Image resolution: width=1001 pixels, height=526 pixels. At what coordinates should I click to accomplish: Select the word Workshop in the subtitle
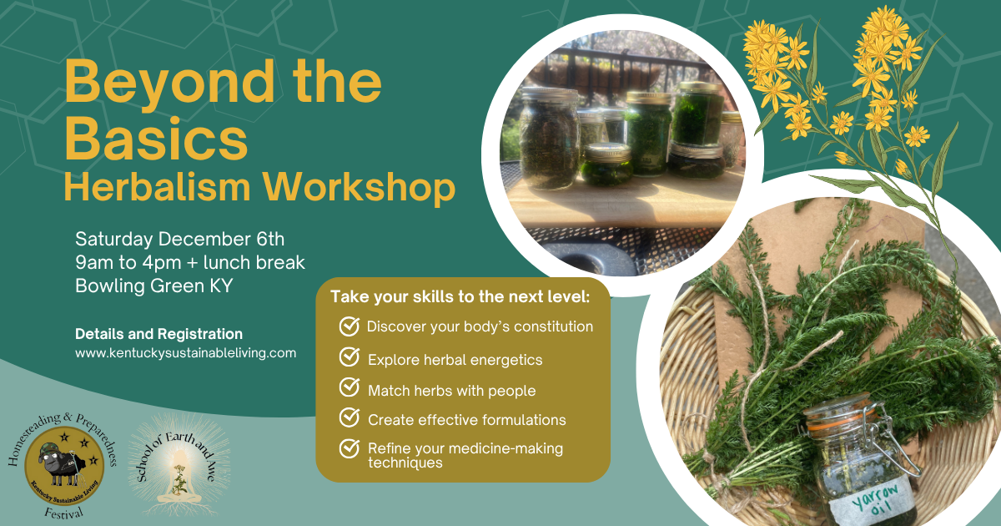click(x=359, y=189)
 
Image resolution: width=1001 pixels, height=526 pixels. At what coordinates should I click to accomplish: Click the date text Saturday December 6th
click(x=179, y=239)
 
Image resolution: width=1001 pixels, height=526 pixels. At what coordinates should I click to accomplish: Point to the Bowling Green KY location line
click(x=154, y=286)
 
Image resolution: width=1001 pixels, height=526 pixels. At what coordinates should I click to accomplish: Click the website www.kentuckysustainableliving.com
click(x=185, y=353)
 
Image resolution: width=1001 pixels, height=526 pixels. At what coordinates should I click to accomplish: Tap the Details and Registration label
click(x=158, y=334)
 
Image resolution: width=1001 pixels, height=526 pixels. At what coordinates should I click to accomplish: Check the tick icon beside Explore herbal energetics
click(x=349, y=357)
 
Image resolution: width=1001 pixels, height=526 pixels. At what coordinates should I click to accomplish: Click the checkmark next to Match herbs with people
click(x=349, y=387)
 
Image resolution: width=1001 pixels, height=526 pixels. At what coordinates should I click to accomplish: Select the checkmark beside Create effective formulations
click(x=349, y=417)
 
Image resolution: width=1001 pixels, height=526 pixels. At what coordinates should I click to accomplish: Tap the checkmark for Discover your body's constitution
click(x=349, y=326)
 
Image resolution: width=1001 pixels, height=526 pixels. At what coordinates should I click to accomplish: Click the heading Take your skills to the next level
click(x=460, y=296)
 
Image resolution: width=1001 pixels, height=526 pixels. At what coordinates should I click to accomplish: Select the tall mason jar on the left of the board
click(x=550, y=138)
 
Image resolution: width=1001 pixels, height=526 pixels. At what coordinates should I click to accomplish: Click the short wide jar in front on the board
click(x=606, y=164)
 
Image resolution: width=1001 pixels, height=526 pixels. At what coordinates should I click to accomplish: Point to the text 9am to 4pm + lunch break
click(x=190, y=262)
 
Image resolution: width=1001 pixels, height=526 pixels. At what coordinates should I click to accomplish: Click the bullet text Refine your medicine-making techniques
click(x=465, y=455)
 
